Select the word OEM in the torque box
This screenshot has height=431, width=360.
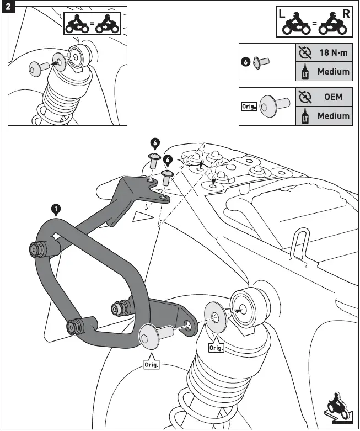(333, 97)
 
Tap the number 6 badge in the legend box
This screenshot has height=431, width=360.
(246, 62)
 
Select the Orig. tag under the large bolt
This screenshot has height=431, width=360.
(151, 365)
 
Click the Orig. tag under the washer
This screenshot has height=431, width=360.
(216, 348)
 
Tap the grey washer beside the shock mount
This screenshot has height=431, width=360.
(215, 317)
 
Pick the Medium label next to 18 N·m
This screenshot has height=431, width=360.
(333, 72)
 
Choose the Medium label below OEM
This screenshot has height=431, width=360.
(333, 116)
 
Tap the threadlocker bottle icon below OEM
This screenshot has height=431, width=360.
(304, 116)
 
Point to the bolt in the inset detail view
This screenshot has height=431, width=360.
(37, 67)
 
